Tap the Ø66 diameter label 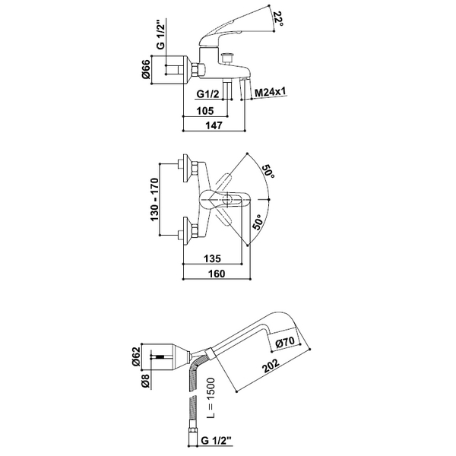click(146, 69)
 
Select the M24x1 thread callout click(270, 93)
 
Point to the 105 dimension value click(205, 111)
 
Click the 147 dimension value click(214, 125)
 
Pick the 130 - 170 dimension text click(155, 199)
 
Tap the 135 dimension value click(212, 258)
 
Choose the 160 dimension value click(217, 274)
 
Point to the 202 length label click(271, 366)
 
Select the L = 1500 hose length click(211, 398)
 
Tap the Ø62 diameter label click(136, 357)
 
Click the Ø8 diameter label click(145, 381)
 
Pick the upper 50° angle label click(268, 173)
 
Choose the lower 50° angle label click(257, 222)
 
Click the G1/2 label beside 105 click(208, 94)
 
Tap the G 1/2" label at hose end click(217, 441)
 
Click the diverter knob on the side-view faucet click(226, 57)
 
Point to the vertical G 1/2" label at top click(160, 34)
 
